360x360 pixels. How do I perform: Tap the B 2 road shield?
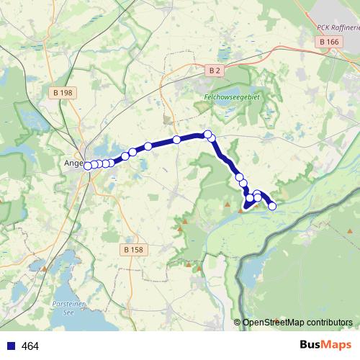(215, 70)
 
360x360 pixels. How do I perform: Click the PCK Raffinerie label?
(338, 27)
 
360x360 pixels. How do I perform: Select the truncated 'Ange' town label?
(74, 163)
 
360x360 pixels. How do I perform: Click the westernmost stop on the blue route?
(88, 166)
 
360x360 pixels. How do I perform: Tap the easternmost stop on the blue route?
(272, 206)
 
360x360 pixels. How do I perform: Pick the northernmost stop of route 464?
(207, 135)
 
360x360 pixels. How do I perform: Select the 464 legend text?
(30, 346)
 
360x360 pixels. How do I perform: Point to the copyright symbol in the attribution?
(237, 323)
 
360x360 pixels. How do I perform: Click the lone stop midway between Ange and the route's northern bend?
(176, 140)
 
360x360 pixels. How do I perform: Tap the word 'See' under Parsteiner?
(69, 312)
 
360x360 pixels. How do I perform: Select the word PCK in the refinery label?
(323, 27)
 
